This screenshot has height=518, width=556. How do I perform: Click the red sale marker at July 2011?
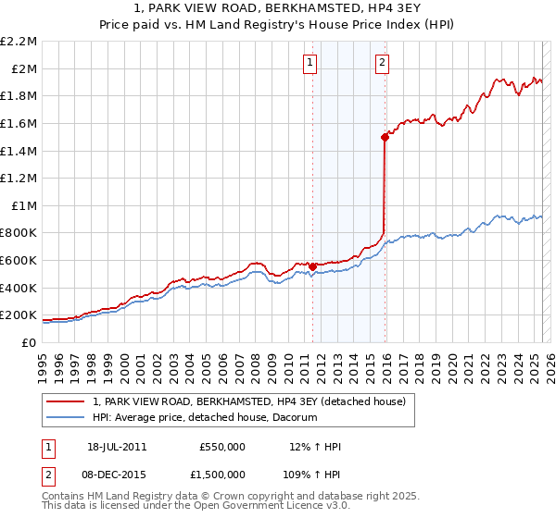coord(312,266)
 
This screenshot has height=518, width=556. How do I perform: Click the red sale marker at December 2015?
coord(384,136)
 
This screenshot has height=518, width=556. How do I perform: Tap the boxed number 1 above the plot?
coord(309,63)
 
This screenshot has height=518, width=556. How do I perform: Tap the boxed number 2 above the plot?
coord(382,63)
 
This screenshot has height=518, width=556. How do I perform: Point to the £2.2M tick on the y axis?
coord(19,42)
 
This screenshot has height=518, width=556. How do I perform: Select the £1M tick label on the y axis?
coord(24,205)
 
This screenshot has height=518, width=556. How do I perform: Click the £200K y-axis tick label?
coord(19,314)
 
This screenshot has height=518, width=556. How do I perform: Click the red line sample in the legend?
coord(66,402)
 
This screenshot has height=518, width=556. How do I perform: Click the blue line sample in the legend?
coord(66,418)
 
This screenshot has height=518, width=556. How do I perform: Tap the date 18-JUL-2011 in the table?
coord(117,447)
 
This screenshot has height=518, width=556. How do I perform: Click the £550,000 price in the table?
coord(223,447)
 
